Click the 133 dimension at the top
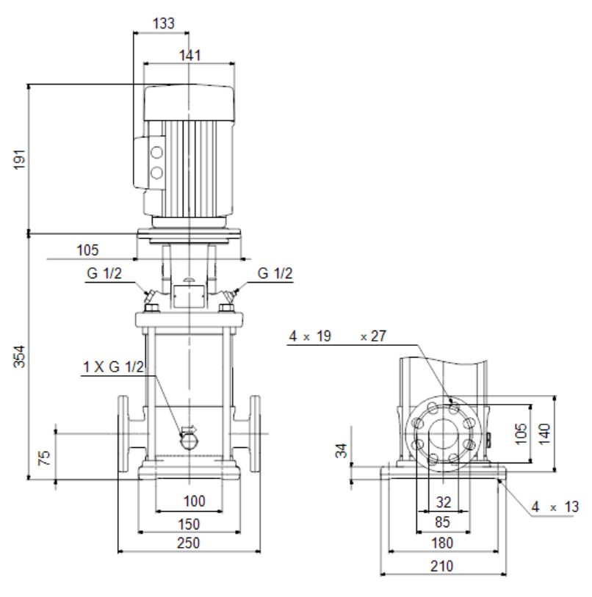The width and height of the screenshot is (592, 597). click(164, 23)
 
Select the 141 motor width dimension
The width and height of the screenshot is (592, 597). click(189, 56)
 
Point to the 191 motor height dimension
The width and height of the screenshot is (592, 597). click(20, 159)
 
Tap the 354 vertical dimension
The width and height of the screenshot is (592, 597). click(20, 356)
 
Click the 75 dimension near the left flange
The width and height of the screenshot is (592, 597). click(45, 457)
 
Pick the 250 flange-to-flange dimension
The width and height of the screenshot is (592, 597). click(189, 543)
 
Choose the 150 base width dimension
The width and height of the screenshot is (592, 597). click(189, 524)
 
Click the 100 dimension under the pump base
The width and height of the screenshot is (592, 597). click(195, 501)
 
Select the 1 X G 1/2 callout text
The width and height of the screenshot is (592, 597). click(114, 366)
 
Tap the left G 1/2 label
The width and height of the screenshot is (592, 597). click(104, 273)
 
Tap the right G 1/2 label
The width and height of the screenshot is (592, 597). click(275, 273)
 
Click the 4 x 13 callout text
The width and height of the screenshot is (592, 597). click(555, 507)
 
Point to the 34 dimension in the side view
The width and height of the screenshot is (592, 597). click(342, 450)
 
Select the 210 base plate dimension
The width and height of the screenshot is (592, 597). click(442, 566)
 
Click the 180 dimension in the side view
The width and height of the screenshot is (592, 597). click(442, 543)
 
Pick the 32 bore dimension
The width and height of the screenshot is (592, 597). click(444, 502)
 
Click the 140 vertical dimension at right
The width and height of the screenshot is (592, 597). click(544, 433)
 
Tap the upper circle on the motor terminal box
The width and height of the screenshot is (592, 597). click(156, 153)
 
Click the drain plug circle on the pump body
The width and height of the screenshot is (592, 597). click(189, 441)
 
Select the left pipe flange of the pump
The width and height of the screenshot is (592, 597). click(123, 434)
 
